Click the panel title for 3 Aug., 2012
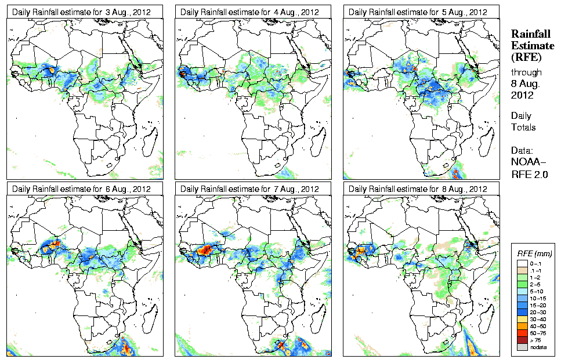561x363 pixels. tap(85, 12)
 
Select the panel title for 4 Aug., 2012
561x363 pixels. tap(253, 12)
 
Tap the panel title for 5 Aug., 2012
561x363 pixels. tap(421, 12)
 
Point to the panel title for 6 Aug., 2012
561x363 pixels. tap(85, 189)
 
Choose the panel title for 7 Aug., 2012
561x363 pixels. tap(253, 189)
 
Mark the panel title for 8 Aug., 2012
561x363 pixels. tap(421, 189)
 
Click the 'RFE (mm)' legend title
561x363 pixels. tap(534, 254)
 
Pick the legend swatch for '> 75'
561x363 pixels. tap(522, 339)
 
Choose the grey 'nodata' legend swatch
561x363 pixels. tap(522, 347)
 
